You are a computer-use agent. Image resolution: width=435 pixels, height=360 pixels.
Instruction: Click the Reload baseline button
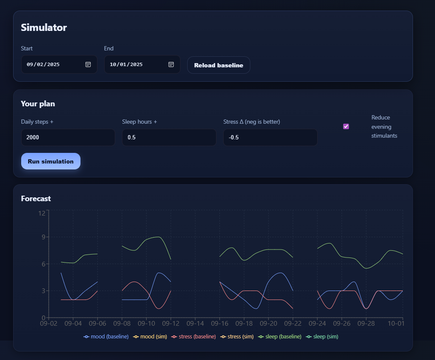(x=219, y=65)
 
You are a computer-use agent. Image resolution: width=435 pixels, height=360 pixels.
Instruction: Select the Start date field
(x=51, y=64)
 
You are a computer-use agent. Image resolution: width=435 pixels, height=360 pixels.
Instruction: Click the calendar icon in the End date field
(x=171, y=64)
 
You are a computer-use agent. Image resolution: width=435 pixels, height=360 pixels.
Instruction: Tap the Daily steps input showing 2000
(x=68, y=138)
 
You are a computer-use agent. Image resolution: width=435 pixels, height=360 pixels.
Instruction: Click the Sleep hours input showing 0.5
(x=169, y=138)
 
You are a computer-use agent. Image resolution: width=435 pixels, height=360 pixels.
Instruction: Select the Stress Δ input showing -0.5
(x=270, y=138)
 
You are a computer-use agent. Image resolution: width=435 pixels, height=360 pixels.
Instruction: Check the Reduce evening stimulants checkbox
(x=346, y=126)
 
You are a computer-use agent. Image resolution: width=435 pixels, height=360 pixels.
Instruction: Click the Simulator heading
(x=44, y=28)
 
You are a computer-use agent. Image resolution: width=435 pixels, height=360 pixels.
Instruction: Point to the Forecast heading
(x=36, y=198)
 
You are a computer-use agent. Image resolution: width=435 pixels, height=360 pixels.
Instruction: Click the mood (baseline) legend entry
(x=106, y=337)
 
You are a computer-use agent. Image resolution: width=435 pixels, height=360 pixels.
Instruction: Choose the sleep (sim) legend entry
(x=323, y=337)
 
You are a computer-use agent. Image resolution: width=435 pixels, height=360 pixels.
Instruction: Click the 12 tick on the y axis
(x=42, y=213)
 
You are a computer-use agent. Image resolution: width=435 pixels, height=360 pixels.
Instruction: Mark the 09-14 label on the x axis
(x=195, y=324)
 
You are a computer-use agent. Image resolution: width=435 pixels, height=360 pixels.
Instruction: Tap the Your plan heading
(x=38, y=104)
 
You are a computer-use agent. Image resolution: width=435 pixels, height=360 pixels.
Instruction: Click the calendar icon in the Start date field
(x=88, y=64)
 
